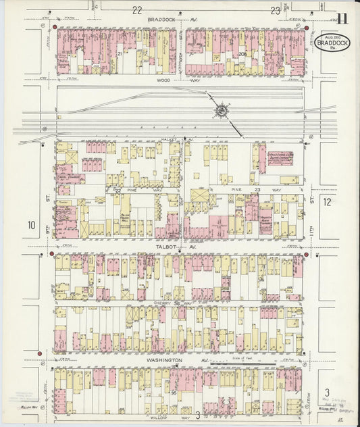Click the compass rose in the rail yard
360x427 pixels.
220,108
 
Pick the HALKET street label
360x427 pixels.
169,139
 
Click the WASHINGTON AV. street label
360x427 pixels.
164,360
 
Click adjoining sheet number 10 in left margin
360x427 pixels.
31,225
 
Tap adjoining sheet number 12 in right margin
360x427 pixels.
327,202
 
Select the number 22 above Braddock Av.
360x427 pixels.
137,9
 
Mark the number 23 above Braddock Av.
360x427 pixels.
275,9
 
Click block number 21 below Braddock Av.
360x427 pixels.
119,53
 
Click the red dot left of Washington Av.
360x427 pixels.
40,353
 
